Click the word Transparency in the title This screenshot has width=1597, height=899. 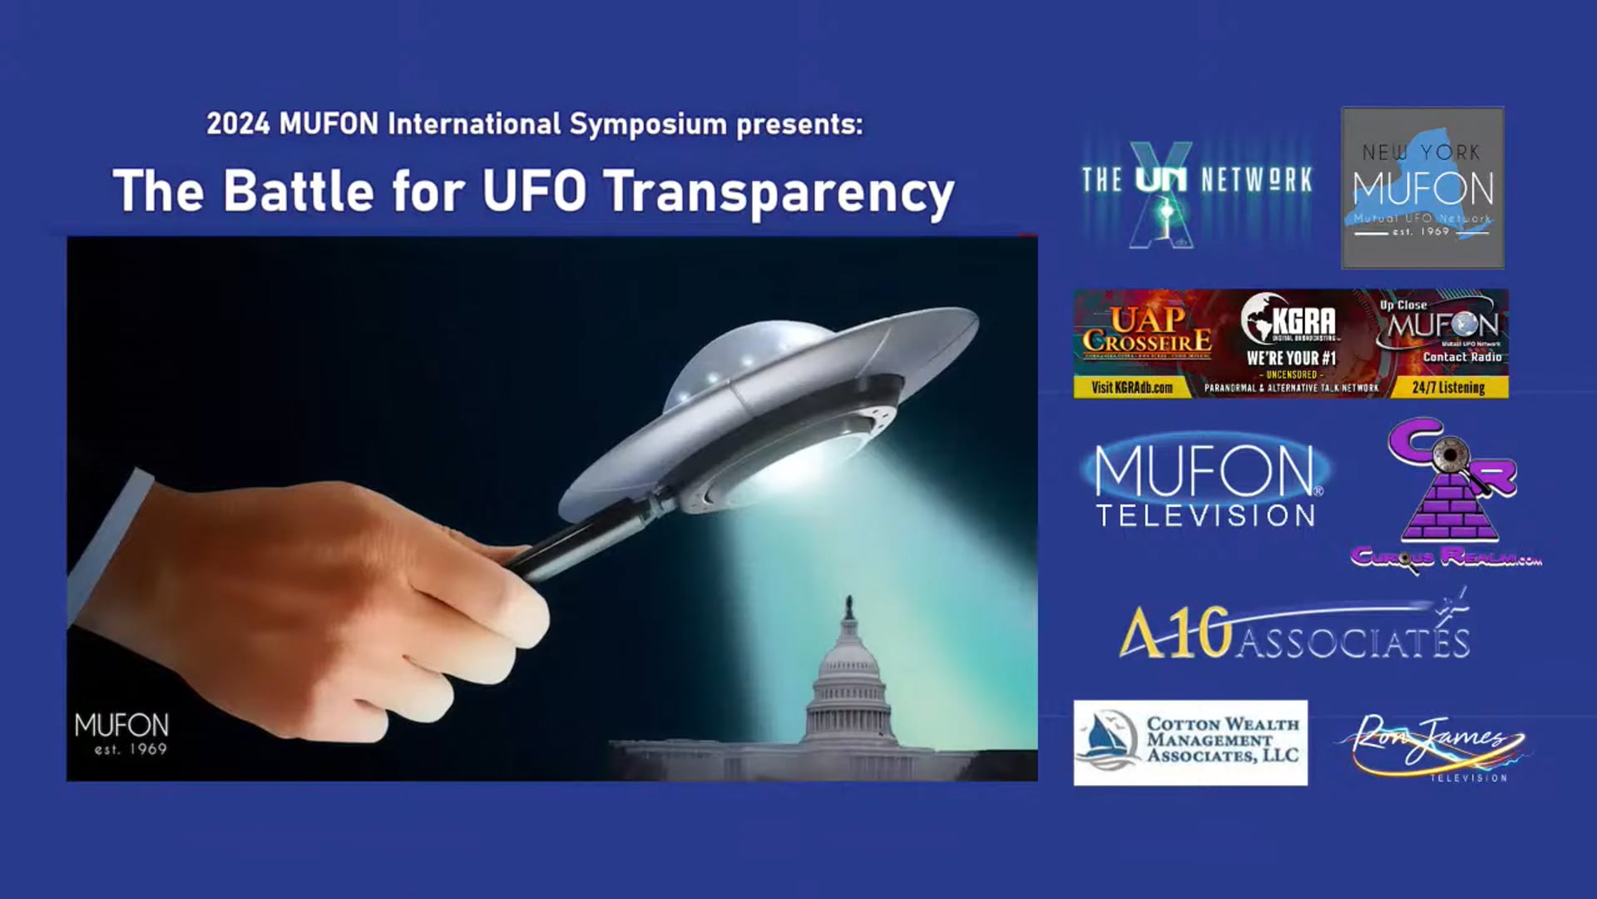[x=779, y=192]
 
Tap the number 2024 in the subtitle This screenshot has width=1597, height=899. [x=238, y=124]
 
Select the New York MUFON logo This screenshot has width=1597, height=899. [x=1422, y=187]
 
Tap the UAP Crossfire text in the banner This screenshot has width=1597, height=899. [x=1147, y=331]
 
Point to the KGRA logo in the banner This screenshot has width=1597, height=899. [x=1290, y=323]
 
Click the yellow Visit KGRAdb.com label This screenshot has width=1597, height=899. [x=1131, y=388]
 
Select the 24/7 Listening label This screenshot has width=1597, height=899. [x=1448, y=388]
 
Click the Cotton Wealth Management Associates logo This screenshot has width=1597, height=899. [x=1190, y=743]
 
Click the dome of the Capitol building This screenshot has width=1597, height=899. [x=848, y=662]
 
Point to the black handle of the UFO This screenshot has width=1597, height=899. [x=582, y=537]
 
